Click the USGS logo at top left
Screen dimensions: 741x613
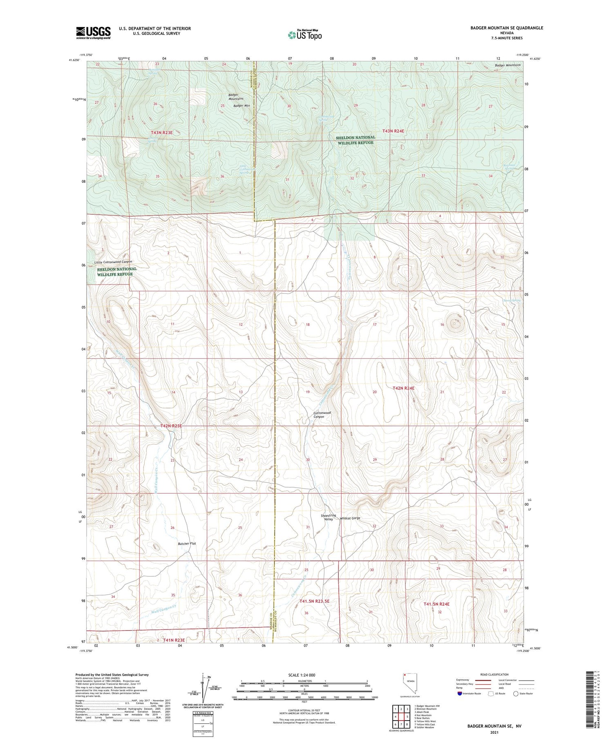[93, 33]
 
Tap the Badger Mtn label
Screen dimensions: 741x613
[241, 106]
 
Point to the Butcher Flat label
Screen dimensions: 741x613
[187, 544]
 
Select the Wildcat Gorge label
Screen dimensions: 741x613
[350, 518]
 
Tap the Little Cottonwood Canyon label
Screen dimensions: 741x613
[113, 262]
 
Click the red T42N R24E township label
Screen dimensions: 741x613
[403, 388]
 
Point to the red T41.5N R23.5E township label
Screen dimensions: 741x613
[314, 601]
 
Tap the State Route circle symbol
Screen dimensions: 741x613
[516, 694]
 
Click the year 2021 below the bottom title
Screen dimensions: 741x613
[494, 732]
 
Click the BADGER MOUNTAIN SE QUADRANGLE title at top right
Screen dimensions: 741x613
[507, 28]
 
